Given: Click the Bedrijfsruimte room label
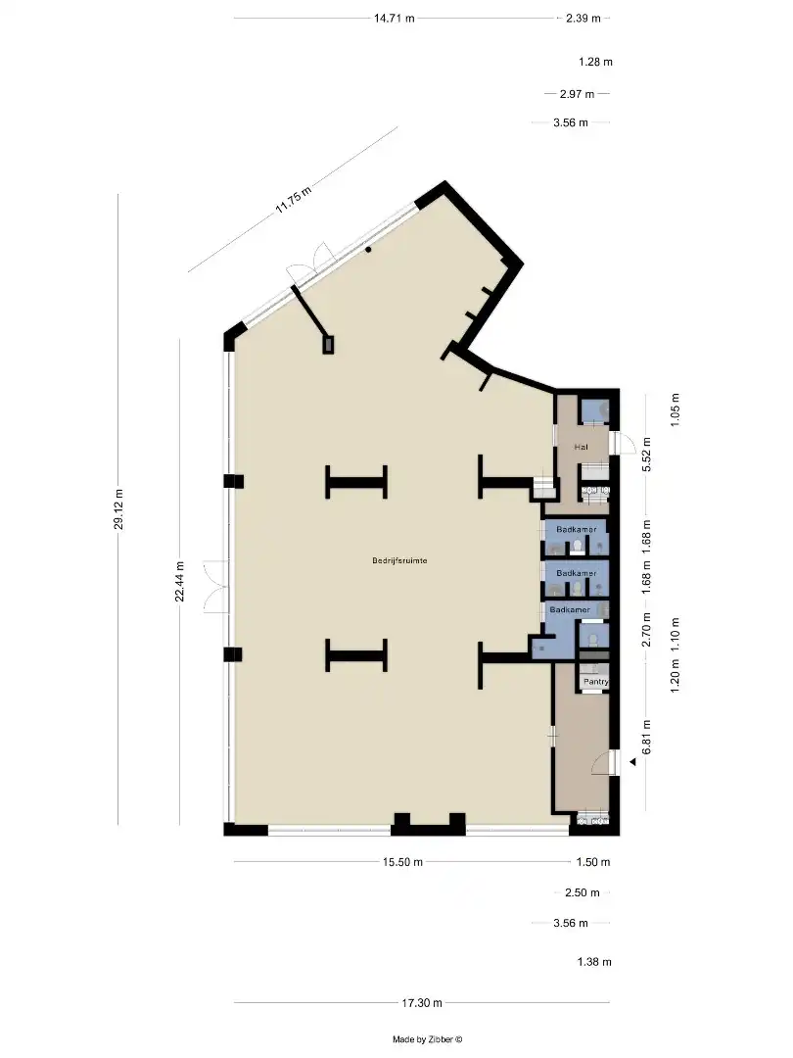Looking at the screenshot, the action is tap(399, 560).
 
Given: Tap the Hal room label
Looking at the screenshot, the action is tap(581, 447).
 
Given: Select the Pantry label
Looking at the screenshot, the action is tap(596, 682).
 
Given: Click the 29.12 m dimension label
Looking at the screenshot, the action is tap(118, 509).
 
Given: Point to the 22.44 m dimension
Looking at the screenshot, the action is tap(180, 582).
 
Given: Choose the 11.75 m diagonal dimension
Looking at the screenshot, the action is tap(294, 200).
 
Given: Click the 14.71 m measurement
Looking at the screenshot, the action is tap(395, 19).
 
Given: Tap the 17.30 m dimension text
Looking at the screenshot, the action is tap(422, 1003).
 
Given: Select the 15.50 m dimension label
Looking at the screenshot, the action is tap(402, 862).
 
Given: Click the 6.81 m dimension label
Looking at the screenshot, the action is tap(647, 737).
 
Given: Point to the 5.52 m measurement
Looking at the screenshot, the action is tap(647, 456).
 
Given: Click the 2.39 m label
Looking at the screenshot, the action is tap(583, 19).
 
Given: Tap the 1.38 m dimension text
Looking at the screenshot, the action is tap(594, 962).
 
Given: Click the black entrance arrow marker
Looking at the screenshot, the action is tap(632, 762).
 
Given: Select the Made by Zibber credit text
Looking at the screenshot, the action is tap(428, 1039).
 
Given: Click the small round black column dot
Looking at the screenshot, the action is tap(369, 250).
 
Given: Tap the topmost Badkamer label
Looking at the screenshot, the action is tap(577, 530).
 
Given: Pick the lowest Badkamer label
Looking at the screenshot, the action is tap(570, 610).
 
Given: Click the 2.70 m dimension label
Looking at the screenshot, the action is tap(647, 630).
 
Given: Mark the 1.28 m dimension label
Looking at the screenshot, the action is tap(595, 62).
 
